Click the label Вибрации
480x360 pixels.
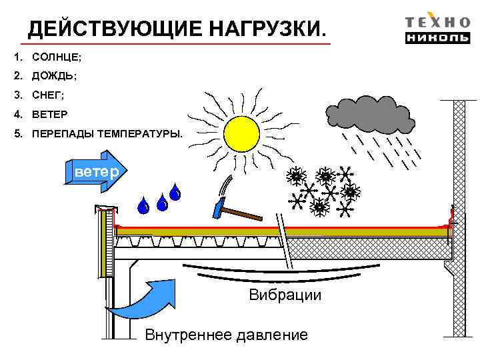point(285,295)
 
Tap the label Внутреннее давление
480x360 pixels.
point(226,335)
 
